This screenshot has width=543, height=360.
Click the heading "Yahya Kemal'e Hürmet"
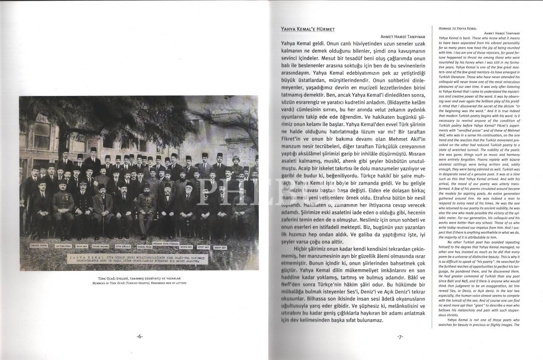[308, 29]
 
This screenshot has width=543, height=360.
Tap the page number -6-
[140, 337]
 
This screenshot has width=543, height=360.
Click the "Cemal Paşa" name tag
[145, 247]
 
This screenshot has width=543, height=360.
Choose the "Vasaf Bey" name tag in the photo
[219, 247]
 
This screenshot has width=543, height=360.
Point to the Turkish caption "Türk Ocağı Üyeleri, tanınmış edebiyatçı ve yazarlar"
[139, 278]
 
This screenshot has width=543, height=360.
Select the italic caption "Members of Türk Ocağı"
[139, 283]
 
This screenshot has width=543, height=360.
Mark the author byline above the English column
[502, 33]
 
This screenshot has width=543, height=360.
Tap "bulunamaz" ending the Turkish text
[367, 320]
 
